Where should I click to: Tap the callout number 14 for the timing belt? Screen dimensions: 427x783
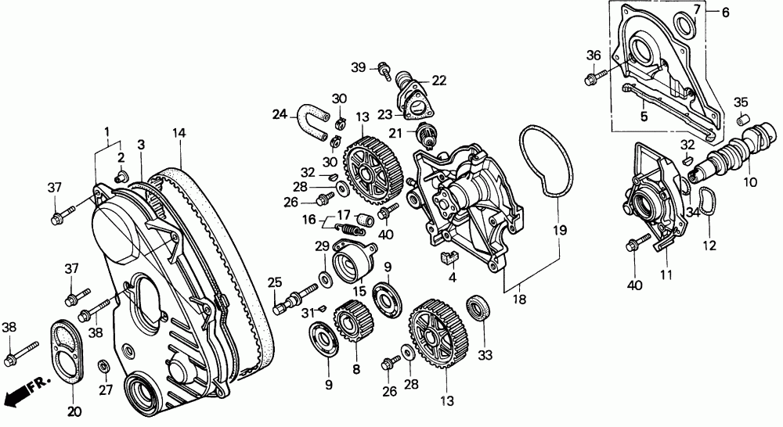(x=179, y=134)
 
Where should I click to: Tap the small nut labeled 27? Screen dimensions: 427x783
(x=103, y=367)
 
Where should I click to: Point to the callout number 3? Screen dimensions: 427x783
(x=142, y=145)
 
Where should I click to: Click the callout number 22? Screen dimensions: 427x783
(x=438, y=80)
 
